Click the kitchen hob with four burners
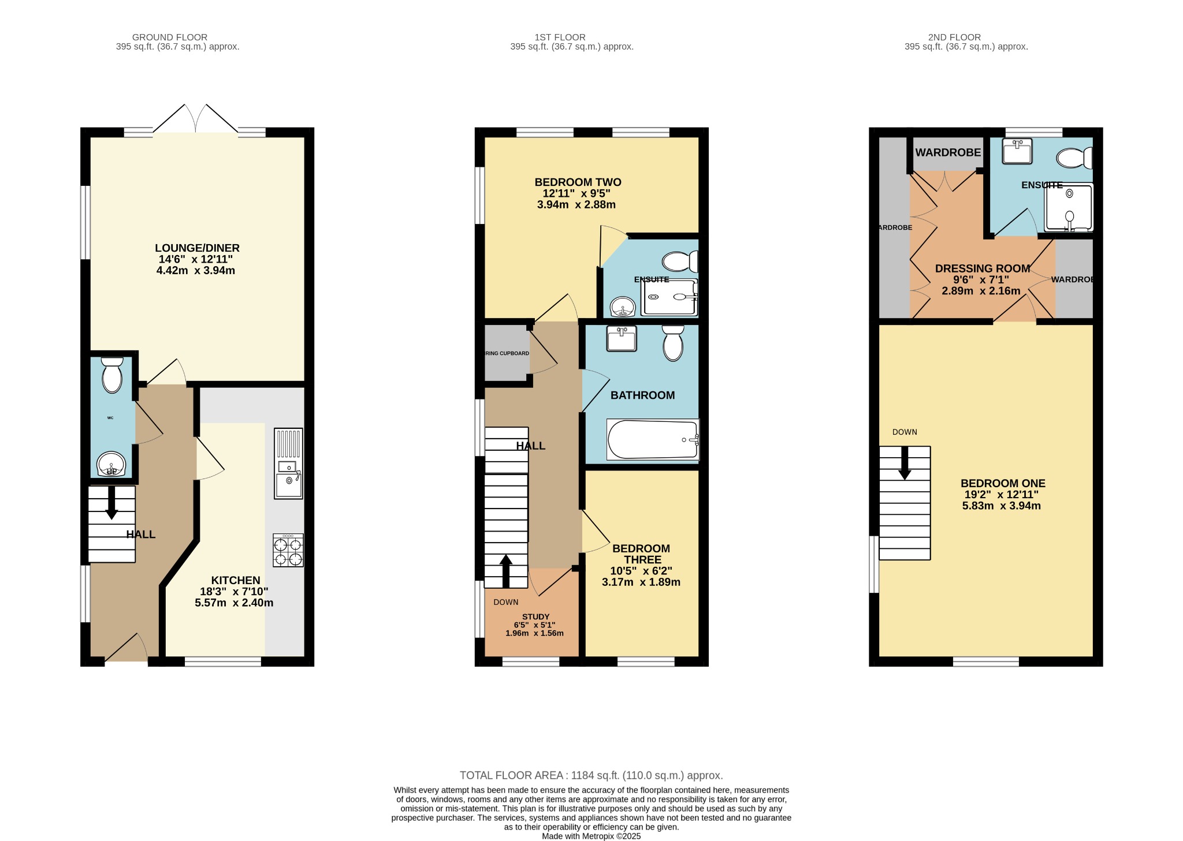288,550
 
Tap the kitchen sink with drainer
288,463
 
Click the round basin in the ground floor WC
111,464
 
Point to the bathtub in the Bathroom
653,440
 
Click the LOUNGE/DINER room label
197,248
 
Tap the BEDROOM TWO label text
578,182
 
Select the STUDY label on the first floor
535,616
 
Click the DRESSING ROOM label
983,268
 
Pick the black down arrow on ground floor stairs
111,503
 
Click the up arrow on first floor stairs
505,570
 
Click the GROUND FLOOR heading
170,38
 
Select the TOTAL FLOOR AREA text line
591,775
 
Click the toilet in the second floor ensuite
1073,158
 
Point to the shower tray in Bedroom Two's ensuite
670,297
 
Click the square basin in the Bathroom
621,338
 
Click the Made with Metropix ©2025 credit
591,836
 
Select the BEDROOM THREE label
641,554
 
